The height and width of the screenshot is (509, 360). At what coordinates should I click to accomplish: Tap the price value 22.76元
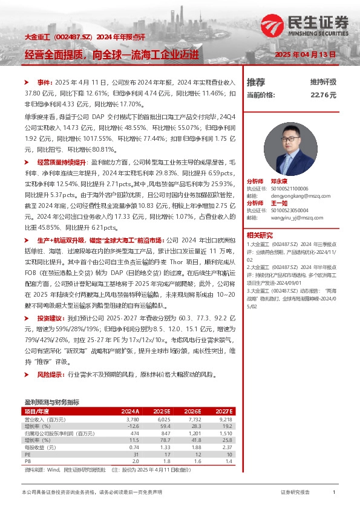click(x=323, y=95)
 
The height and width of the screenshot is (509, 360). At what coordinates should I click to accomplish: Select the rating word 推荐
click(x=256, y=82)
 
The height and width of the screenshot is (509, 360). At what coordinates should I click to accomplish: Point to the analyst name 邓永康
click(x=280, y=181)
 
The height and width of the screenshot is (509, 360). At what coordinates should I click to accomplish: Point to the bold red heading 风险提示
click(x=51, y=375)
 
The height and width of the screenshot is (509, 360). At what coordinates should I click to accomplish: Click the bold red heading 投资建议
click(x=51, y=317)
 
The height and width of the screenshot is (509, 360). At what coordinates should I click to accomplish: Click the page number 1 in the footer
click(x=333, y=493)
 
